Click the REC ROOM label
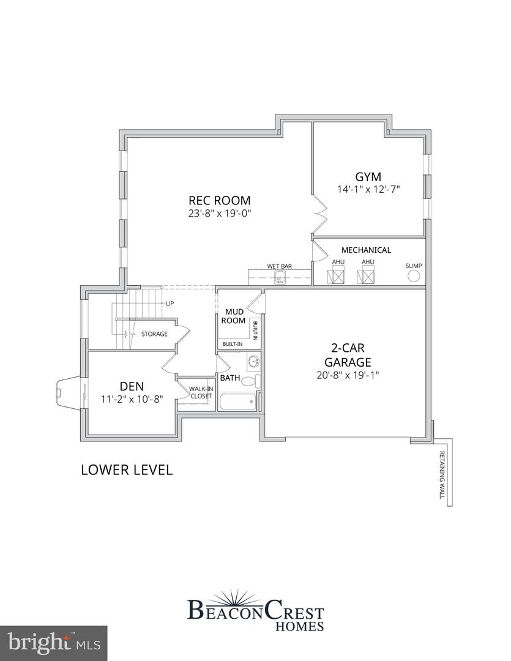(219, 200)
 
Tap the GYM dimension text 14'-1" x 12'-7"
(368, 189)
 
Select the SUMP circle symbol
(414, 277)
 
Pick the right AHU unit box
(367, 277)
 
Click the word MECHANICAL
(366, 250)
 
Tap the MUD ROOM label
(233, 316)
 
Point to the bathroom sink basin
(253, 362)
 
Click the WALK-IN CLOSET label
(200, 392)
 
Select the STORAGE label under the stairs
(154, 334)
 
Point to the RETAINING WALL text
(442, 475)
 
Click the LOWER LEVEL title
(127, 470)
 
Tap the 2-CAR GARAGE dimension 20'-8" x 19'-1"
(348, 375)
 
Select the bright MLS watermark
(54, 642)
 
